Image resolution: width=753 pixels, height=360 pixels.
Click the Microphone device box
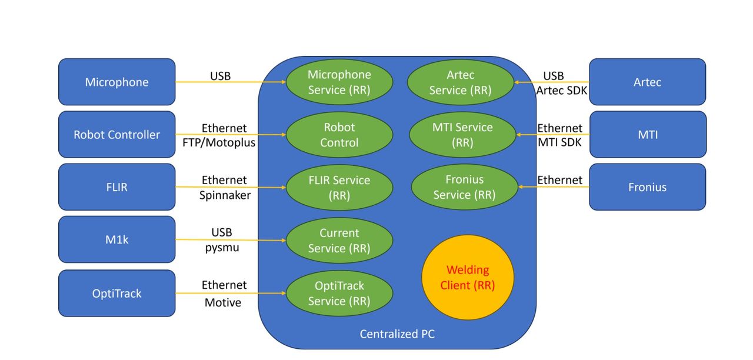(x=116, y=82)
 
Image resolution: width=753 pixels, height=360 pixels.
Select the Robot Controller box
(x=116, y=135)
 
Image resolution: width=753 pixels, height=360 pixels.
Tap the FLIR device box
(x=116, y=187)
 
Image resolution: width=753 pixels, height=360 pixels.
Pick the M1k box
(x=116, y=239)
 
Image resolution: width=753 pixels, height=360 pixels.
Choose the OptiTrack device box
(x=116, y=293)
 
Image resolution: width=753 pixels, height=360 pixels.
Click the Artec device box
(x=647, y=82)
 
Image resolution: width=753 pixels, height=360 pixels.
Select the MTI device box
(x=647, y=135)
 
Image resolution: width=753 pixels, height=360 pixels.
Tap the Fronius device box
(x=647, y=187)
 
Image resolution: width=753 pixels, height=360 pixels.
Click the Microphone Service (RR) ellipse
(x=339, y=82)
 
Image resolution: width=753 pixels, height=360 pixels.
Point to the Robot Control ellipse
(x=339, y=135)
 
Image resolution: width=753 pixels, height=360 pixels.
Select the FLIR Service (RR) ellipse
(x=339, y=188)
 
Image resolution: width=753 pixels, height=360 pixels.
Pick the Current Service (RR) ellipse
(x=339, y=241)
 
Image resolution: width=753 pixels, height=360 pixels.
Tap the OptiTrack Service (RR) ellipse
(x=339, y=294)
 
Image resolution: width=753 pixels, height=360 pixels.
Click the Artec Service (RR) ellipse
(x=460, y=82)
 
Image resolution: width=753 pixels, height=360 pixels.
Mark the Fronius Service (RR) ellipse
(x=464, y=187)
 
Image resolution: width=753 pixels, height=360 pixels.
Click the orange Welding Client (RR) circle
(x=468, y=278)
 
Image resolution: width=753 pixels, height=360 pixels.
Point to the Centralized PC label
(x=397, y=334)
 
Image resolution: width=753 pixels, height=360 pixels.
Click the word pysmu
(x=223, y=248)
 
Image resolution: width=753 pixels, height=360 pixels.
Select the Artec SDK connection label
(x=562, y=90)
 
